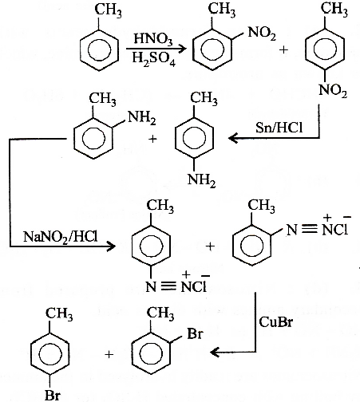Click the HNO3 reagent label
click(x=153, y=39)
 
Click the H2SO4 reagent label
click(x=154, y=59)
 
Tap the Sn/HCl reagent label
click(x=279, y=128)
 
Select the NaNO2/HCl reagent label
click(x=61, y=236)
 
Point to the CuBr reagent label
click(x=276, y=322)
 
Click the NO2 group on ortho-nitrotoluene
click(x=262, y=33)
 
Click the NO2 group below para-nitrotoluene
click(x=333, y=90)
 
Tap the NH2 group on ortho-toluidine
click(x=142, y=118)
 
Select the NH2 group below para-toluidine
click(x=201, y=181)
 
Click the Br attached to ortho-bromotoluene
click(x=196, y=333)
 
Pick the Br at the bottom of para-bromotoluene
click(x=53, y=396)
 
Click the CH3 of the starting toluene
click(x=108, y=10)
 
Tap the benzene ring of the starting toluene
click(x=99, y=50)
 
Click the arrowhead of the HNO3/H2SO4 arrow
click(x=181, y=49)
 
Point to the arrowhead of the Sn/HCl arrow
click(x=233, y=138)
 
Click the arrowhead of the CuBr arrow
click(x=215, y=353)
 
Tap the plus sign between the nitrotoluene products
click(x=284, y=49)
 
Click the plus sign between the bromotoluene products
click(x=109, y=354)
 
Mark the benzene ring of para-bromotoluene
click(x=50, y=355)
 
